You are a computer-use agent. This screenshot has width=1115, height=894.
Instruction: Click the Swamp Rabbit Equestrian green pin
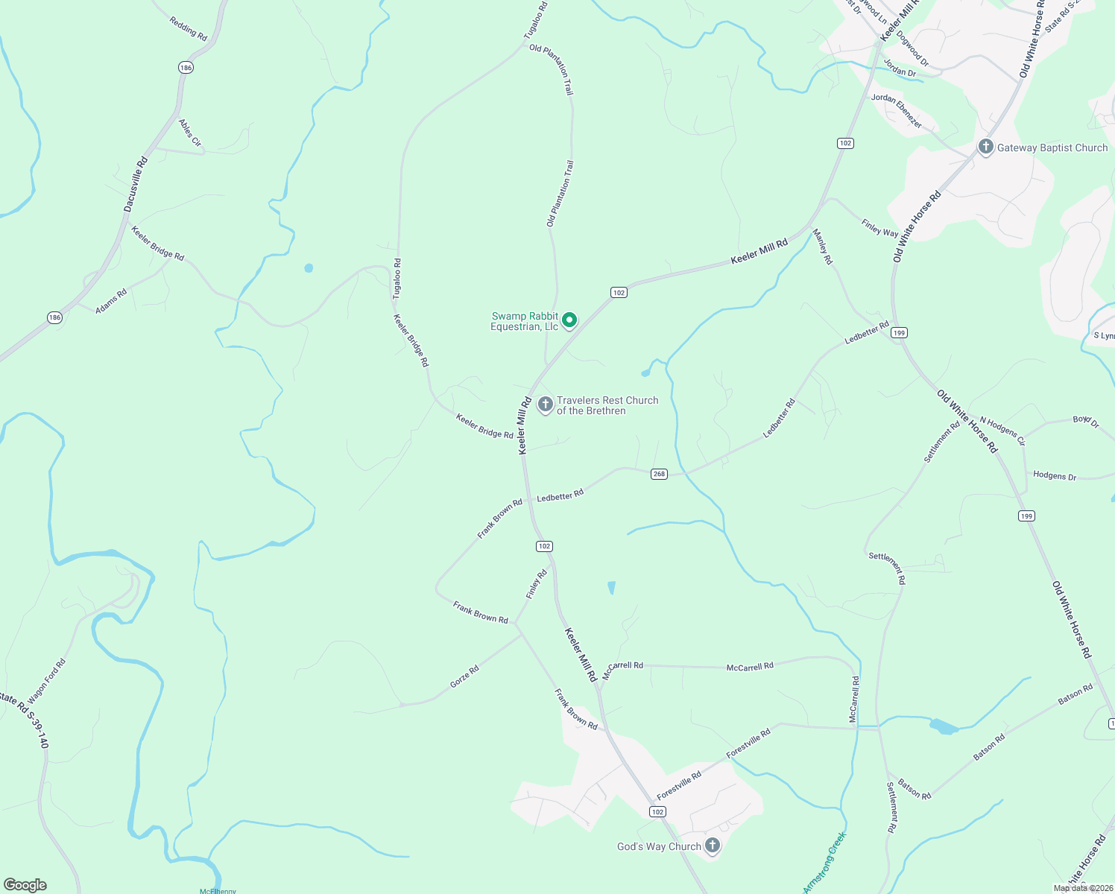point(569,320)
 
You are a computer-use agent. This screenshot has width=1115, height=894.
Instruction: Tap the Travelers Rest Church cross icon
point(546,405)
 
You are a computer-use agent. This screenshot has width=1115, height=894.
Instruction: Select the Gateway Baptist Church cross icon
point(985,147)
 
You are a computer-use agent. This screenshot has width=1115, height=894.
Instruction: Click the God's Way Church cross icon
point(713,846)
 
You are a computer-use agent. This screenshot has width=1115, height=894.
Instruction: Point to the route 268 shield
point(659,474)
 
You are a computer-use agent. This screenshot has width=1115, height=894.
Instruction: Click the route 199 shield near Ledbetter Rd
point(900,332)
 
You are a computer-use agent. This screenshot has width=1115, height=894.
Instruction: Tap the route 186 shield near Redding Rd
point(186,68)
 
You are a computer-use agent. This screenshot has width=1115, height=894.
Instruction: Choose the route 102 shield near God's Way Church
point(657,811)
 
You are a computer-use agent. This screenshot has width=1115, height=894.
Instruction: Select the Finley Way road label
point(879,228)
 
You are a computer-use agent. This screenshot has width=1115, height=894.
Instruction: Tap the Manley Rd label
point(822,247)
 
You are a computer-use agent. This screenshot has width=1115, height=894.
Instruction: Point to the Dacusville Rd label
point(136,184)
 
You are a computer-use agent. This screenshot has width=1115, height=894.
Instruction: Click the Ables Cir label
point(190,133)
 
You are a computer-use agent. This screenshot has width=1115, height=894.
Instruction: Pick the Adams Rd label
point(111,301)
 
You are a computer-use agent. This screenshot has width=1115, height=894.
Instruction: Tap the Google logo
point(25,884)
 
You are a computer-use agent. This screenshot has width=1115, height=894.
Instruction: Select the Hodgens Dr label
point(1055,475)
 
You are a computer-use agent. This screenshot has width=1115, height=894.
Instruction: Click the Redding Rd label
point(188,28)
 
